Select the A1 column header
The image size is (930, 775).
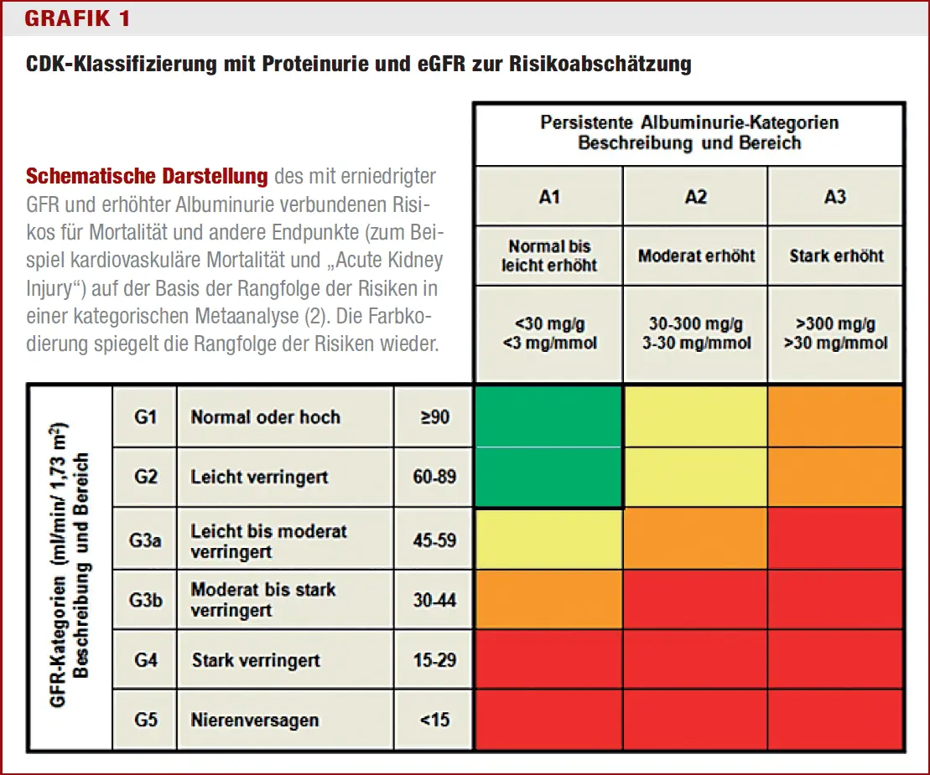[548, 196]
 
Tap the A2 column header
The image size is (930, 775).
[695, 196]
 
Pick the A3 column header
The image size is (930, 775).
[835, 196]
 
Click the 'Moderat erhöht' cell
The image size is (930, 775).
[695, 256]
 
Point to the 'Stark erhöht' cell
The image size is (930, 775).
[836, 256]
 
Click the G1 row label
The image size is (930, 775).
[145, 416]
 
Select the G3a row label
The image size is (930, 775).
[145, 540]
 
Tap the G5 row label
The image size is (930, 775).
[145, 719]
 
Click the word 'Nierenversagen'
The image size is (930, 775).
[254, 720]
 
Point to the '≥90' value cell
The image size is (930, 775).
[434, 416]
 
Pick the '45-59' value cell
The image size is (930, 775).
[434, 540]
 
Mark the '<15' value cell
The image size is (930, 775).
[434, 719]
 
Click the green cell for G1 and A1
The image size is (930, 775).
[548, 416]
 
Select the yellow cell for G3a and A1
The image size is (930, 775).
[548, 540]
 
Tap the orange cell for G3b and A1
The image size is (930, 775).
[548, 600]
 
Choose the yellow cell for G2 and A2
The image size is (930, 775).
[695, 478]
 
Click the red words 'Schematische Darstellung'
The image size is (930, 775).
[147, 177]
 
